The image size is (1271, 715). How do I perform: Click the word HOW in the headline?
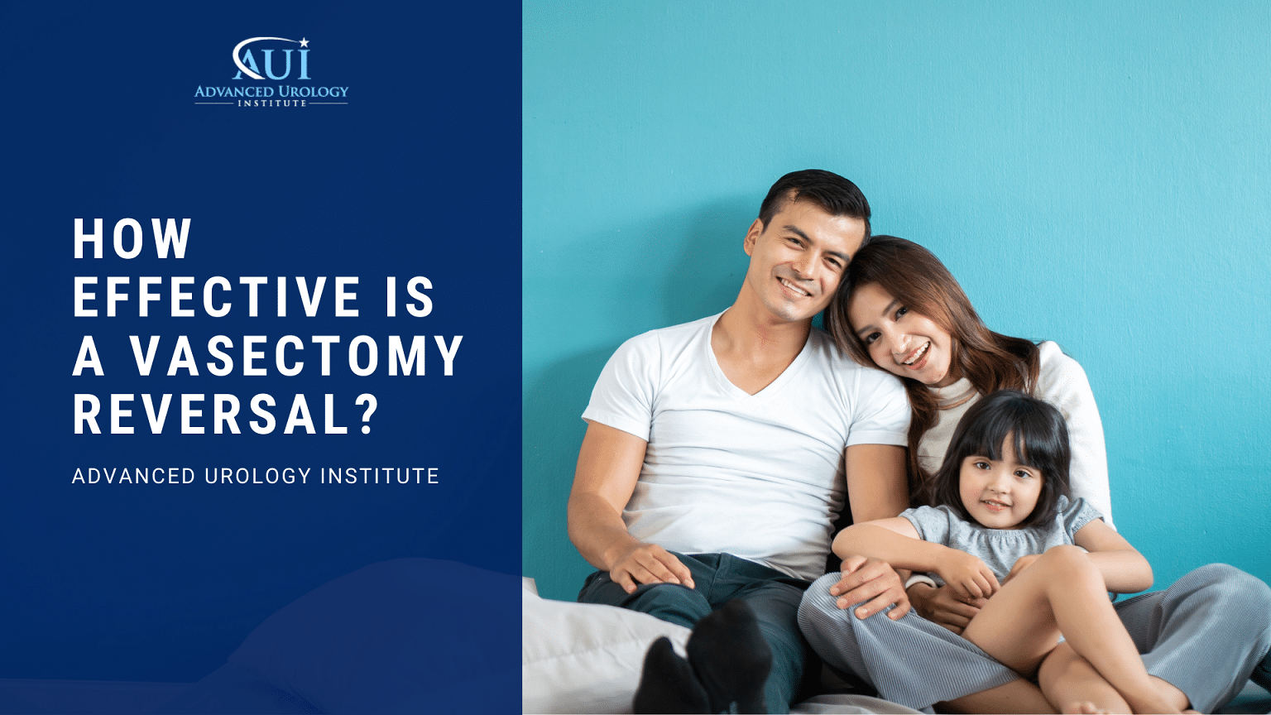coord(132,238)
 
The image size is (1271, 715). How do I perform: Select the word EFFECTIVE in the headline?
coord(216,297)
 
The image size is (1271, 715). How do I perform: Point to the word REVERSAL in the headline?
coord(210,415)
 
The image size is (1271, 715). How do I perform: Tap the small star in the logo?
coord(305,42)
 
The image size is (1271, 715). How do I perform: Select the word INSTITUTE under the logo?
coord(271,103)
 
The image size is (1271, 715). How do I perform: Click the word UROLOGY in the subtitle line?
coord(258,476)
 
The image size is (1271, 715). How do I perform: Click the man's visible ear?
coord(754,239)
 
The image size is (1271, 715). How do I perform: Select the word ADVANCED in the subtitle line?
coord(134,476)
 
